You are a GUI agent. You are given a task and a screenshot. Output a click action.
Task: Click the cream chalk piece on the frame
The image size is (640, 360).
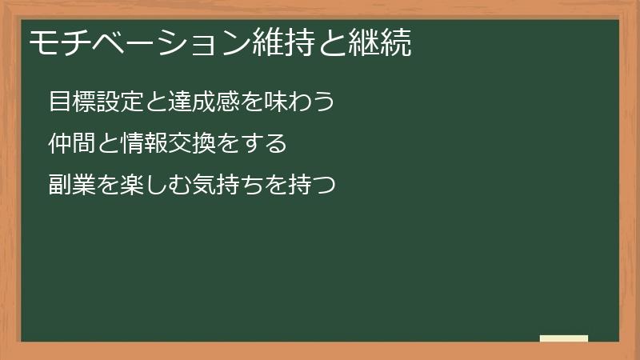(x=564, y=338)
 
